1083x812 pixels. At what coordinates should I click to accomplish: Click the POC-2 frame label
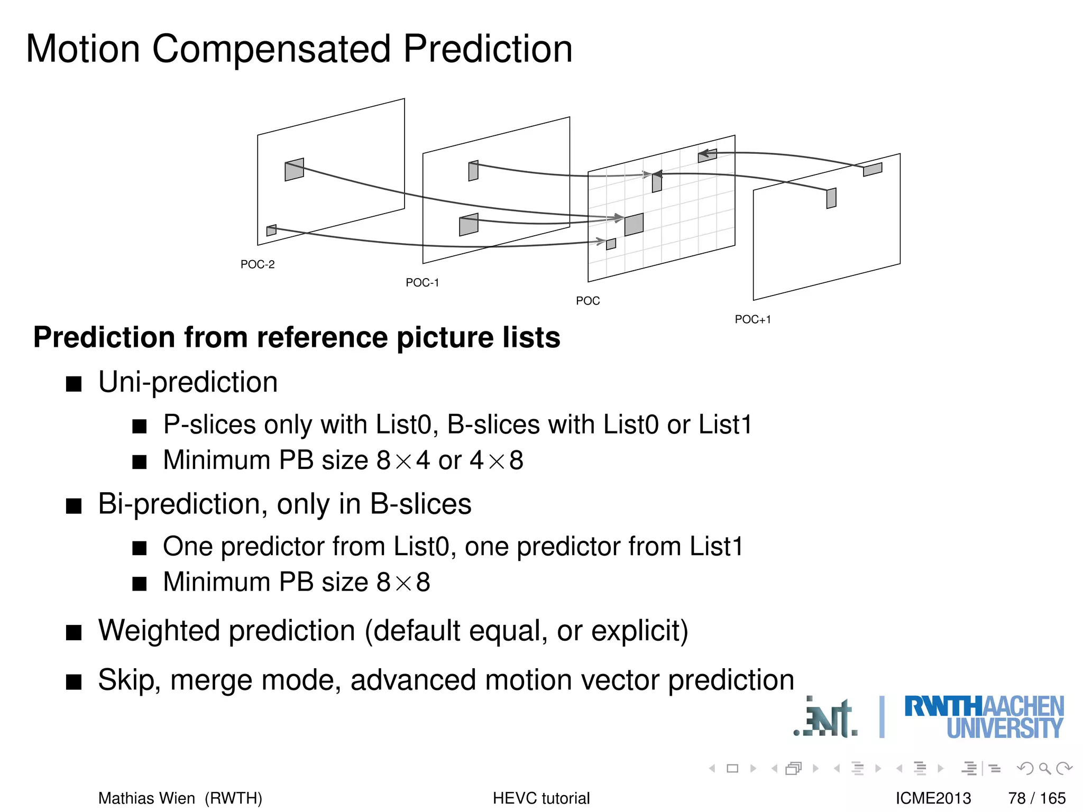[x=258, y=264]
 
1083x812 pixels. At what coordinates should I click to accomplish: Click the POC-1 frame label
[x=422, y=283]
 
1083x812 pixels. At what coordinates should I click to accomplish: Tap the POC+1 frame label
[x=752, y=319]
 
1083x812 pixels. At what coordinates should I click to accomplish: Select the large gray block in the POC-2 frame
[x=294, y=170]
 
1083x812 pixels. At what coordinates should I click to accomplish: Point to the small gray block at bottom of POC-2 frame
[x=271, y=230]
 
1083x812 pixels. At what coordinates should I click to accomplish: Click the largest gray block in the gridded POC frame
[x=634, y=225]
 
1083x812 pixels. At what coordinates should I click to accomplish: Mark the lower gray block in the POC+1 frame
[x=831, y=198]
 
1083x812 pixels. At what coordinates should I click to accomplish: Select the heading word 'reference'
[x=322, y=337]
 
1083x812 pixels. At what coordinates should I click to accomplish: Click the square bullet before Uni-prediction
[x=74, y=384]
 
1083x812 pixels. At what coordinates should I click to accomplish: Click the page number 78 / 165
[x=1036, y=798]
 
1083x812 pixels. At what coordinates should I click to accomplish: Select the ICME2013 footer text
[x=933, y=798]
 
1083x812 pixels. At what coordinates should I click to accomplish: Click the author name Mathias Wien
[x=146, y=798]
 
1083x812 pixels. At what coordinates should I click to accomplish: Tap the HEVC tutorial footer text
[x=541, y=798]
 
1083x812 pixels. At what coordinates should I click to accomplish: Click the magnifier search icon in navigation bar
[x=1044, y=768]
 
